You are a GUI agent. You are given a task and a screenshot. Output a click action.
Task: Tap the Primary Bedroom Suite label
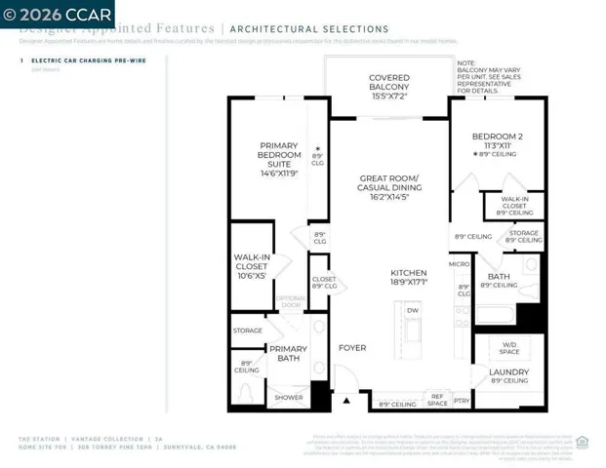279,155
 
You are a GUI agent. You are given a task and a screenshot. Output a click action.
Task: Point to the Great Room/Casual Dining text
388,184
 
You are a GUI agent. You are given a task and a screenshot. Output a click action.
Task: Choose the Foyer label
351,348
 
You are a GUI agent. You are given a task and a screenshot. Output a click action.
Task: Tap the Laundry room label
508,372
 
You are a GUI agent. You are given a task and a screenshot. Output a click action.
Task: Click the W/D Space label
509,347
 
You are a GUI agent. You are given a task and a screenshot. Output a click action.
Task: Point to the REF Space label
437,400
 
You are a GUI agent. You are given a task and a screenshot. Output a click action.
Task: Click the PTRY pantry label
462,400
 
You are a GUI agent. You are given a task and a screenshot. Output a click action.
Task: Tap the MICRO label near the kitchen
459,263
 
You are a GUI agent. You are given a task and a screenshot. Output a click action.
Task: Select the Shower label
288,397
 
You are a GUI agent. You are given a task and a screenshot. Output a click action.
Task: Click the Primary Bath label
288,354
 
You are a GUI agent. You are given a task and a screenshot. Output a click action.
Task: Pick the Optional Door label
290,301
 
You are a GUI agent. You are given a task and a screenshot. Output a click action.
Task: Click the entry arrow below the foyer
344,400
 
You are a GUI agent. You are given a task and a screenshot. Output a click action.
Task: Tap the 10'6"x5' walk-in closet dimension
251,275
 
